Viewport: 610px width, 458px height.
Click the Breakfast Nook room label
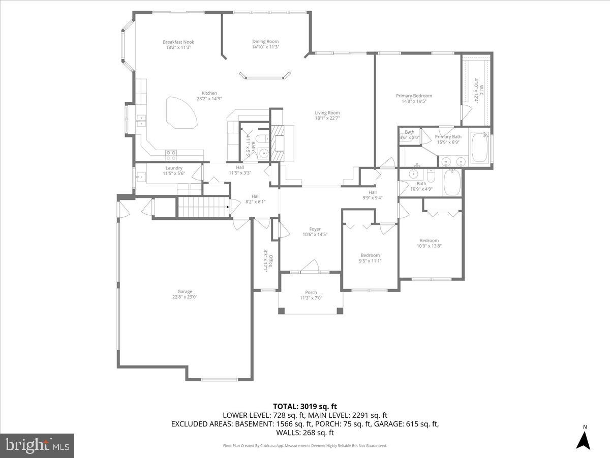click(x=178, y=42)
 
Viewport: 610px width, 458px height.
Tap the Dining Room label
click(x=265, y=42)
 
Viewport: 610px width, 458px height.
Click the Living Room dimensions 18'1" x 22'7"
click(x=327, y=119)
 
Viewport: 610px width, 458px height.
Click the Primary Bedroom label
click(x=414, y=96)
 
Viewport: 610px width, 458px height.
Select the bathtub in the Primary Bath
click(x=479, y=148)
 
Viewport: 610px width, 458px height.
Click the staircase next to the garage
click(x=201, y=207)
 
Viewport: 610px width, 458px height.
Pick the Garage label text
click(x=185, y=292)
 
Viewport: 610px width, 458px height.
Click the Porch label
click(x=311, y=293)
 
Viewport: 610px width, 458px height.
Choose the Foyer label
click(x=315, y=229)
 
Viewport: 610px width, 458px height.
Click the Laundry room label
click(x=174, y=168)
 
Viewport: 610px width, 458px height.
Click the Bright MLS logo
click(x=37, y=446)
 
